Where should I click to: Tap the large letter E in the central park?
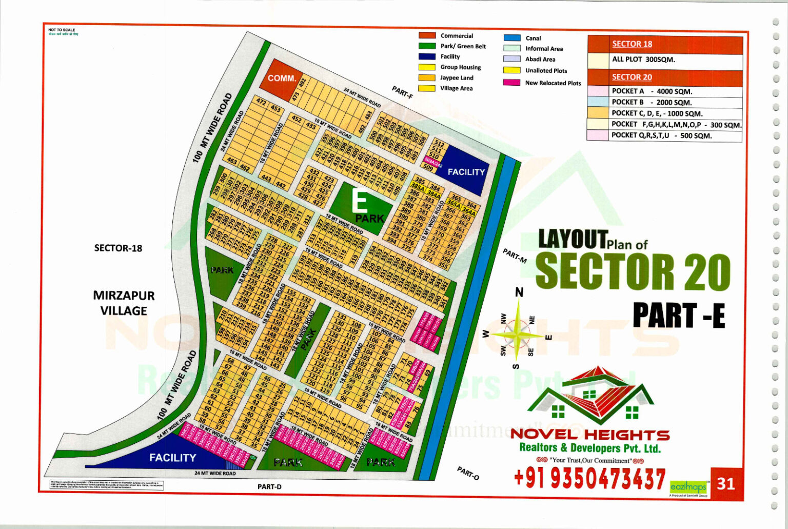359,202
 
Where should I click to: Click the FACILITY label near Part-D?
172,457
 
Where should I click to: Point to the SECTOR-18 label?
118,248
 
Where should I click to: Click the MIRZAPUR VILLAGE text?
124,303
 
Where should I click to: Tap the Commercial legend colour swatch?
427,35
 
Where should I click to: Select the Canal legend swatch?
512,38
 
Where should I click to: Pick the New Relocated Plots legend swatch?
512,83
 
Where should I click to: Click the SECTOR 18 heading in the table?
632,44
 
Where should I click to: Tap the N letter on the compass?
519,292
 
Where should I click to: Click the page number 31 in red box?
725,483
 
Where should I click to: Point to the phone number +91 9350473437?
589,479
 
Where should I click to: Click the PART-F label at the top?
403,92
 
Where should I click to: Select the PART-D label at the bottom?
269,487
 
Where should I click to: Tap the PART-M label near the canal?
515,256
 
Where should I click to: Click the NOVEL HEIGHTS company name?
590,435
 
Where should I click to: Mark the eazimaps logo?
688,487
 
